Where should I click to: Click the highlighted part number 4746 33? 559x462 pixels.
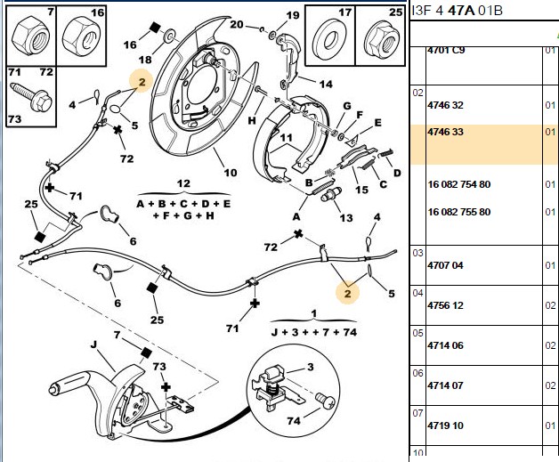445,132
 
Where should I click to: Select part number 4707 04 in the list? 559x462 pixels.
445,265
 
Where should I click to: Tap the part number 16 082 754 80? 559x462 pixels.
459,184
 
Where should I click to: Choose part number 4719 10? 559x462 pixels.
445,426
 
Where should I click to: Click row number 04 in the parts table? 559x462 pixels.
417,293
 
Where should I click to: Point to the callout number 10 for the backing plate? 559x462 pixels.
231,173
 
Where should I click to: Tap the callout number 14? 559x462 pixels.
326,85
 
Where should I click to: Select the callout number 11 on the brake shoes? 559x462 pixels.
286,138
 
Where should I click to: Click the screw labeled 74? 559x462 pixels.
326,401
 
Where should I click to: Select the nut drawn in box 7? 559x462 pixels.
31,36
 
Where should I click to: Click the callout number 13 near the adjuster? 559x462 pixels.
345,217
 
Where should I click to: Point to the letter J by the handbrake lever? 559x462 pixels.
93,344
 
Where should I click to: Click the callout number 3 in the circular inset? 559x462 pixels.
311,367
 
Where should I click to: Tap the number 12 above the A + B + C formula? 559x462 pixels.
183,183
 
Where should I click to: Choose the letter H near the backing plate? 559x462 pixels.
252,120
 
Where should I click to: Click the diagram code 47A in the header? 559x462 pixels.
461,11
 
